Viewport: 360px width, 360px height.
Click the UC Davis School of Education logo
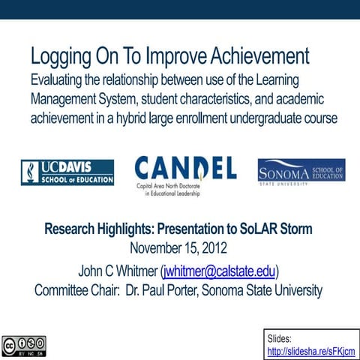pos(67,172)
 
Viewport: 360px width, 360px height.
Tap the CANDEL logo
pos(185,175)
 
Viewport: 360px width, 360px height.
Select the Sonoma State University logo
pos(301,171)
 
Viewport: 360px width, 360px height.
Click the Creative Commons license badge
pos(23,346)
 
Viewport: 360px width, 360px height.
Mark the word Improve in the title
pos(157,57)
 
